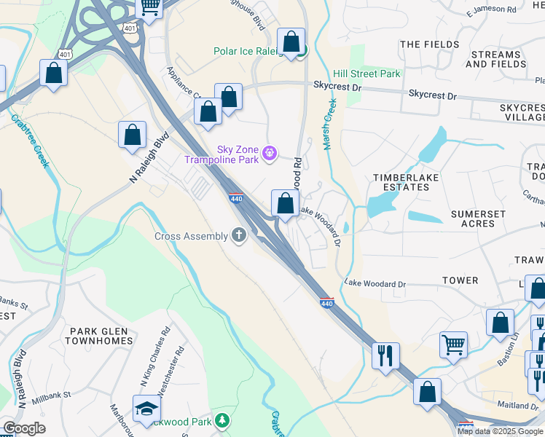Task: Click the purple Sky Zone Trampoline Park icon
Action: (x=270, y=152)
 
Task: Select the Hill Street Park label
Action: (x=366, y=74)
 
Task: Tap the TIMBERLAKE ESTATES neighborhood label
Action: (x=401, y=182)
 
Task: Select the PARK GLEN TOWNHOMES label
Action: (x=101, y=336)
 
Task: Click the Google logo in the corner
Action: (x=23, y=428)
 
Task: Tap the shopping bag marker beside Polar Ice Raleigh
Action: (x=291, y=42)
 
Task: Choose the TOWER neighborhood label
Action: (x=461, y=280)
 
